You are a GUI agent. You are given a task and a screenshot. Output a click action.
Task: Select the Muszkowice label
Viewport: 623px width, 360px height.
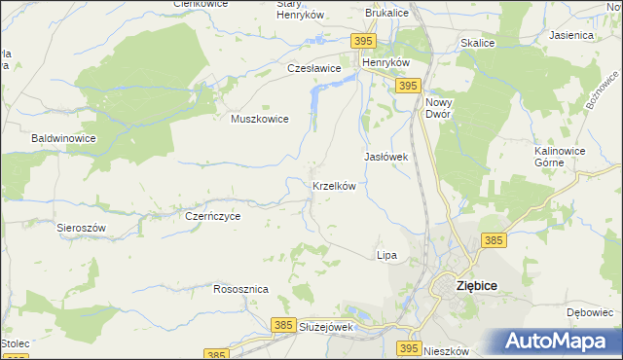[x=259, y=119]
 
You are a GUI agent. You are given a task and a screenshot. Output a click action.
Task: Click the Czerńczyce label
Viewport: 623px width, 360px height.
[x=212, y=216]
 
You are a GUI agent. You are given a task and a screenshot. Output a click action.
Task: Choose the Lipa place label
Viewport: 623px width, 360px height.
[x=386, y=255]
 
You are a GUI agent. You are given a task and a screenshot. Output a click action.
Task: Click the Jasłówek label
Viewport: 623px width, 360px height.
[x=385, y=156]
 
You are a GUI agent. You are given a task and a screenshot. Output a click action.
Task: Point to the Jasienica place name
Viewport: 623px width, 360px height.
[x=571, y=35]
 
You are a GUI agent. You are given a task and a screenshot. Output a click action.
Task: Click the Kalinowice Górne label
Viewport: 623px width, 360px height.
[x=564, y=157]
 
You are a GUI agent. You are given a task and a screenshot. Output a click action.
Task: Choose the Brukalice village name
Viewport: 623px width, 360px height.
[x=386, y=14]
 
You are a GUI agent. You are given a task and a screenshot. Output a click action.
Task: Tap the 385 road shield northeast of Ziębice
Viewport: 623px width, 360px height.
[x=495, y=240]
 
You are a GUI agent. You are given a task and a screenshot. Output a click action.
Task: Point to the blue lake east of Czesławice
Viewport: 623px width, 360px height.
[x=318, y=97]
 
